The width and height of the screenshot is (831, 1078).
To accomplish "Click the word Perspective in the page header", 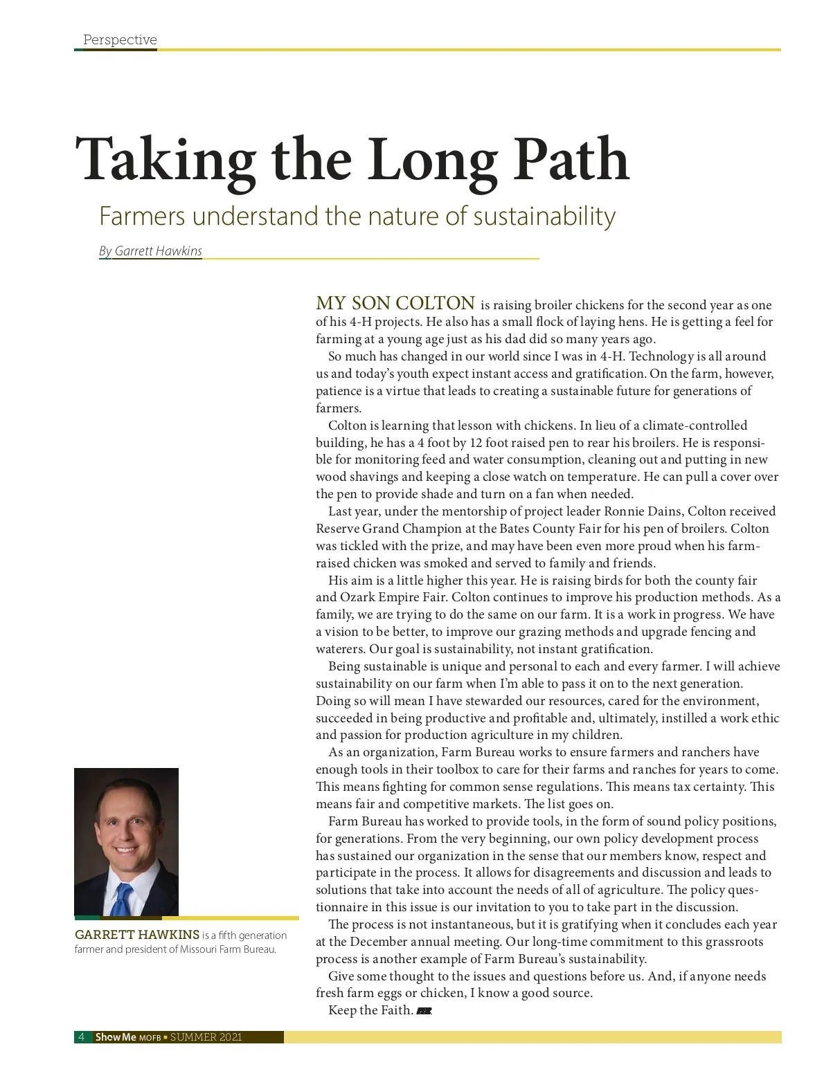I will pyautogui.click(x=120, y=40).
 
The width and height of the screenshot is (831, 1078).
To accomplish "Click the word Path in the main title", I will pyautogui.click(x=570, y=159).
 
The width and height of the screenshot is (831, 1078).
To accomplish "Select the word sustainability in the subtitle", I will pyautogui.click(x=544, y=217).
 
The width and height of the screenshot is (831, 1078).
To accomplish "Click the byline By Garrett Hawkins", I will pyautogui.click(x=151, y=251).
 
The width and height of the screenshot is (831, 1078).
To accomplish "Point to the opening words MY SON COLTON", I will pyautogui.click(x=395, y=303).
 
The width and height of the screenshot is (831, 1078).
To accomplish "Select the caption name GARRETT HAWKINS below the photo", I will pyautogui.click(x=136, y=935).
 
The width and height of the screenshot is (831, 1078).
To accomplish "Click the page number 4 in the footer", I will pyautogui.click(x=82, y=1037).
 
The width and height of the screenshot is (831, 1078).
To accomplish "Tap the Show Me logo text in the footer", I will pyautogui.click(x=116, y=1037).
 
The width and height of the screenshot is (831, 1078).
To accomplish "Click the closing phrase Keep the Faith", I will pyautogui.click(x=370, y=1011).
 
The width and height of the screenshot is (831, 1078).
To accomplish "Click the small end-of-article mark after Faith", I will pyautogui.click(x=424, y=1012).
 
